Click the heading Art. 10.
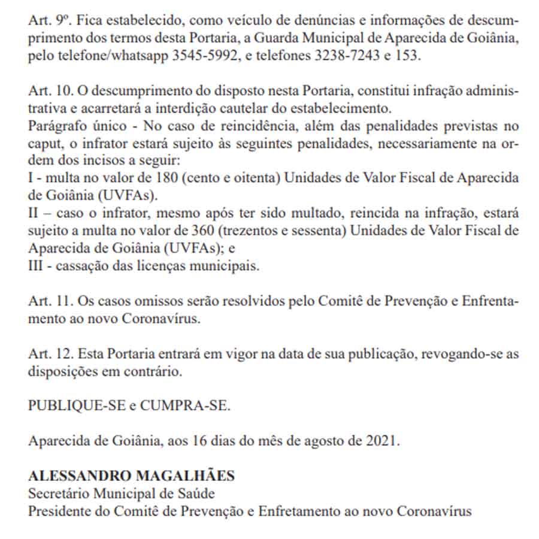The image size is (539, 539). (x=50, y=91)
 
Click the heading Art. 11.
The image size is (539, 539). (x=50, y=301)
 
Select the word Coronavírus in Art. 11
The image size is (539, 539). (x=159, y=319)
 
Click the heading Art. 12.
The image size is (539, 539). (x=50, y=354)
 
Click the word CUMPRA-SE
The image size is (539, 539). (x=185, y=406)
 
